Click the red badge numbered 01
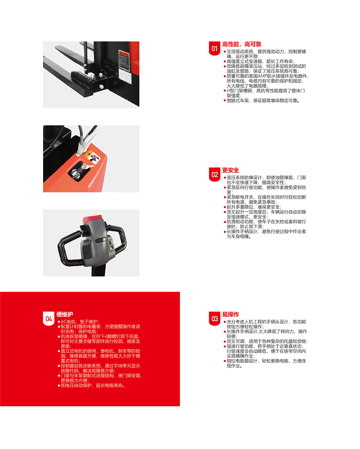[214, 48]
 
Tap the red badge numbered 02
[214, 174]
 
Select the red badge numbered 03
[214, 319]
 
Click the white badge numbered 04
[49, 319]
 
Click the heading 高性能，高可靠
[241, 44]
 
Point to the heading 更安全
[230, 170]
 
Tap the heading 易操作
[230, 315]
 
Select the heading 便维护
[65, 315]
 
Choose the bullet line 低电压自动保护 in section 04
[93, 385]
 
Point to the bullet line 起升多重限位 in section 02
[253, 207]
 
